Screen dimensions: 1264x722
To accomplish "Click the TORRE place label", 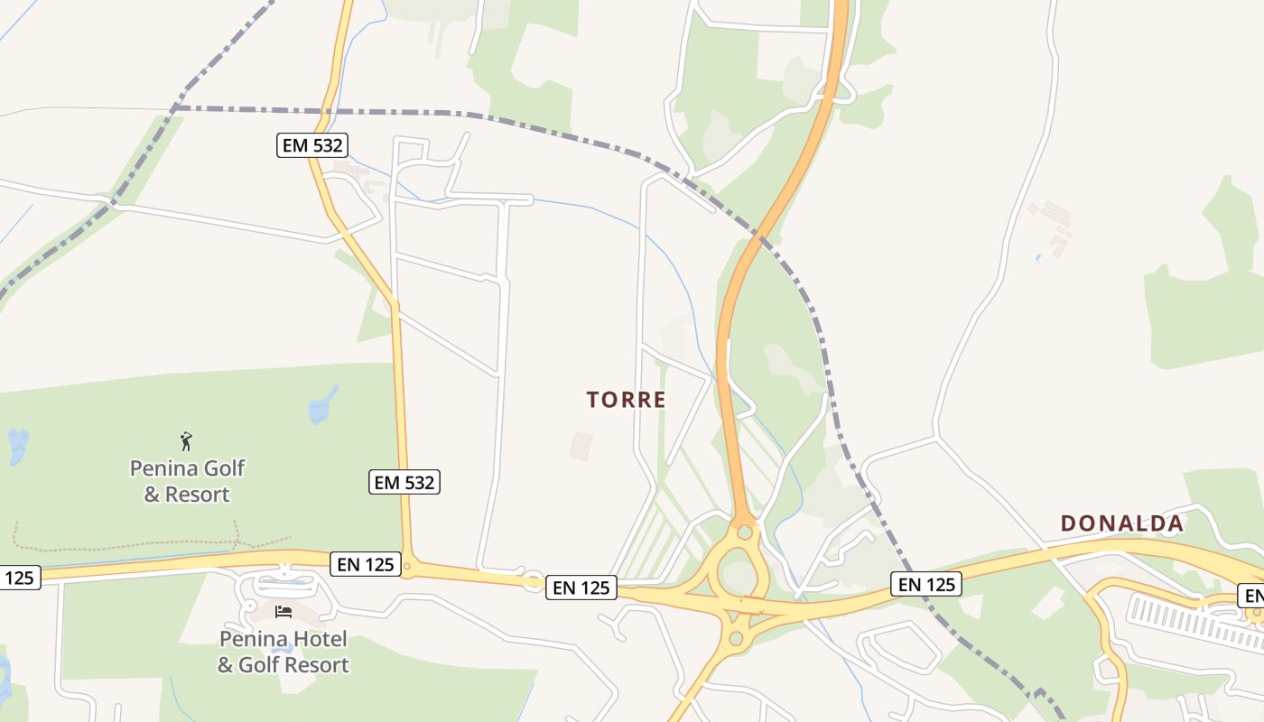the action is point(626,400).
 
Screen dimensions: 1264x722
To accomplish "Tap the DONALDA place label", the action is point(1121,523).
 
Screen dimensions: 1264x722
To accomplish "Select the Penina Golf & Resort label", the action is point(187,481).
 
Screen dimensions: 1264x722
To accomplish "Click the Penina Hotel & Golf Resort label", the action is point(283,652).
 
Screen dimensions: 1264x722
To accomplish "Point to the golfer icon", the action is point(186,441).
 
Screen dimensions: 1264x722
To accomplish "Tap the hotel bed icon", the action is point(283,612).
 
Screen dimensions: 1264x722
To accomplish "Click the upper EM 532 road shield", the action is point(312,144).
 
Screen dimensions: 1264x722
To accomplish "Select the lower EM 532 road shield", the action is point(404,483).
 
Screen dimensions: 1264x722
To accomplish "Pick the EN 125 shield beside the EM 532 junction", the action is point(365,565).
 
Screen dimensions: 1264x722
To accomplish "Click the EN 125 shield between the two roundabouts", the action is point(581,588).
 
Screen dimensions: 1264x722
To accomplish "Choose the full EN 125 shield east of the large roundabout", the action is point(926,584).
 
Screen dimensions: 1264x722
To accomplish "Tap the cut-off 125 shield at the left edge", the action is point(18,578).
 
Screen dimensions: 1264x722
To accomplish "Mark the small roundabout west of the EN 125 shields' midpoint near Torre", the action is point(533,580).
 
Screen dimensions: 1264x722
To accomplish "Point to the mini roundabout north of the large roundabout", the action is point(744,532).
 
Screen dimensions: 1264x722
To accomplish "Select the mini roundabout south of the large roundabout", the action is point(736,639).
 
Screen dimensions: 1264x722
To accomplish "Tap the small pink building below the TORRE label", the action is point(581,446).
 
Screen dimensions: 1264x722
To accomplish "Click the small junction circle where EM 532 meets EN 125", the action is point(407,568).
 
